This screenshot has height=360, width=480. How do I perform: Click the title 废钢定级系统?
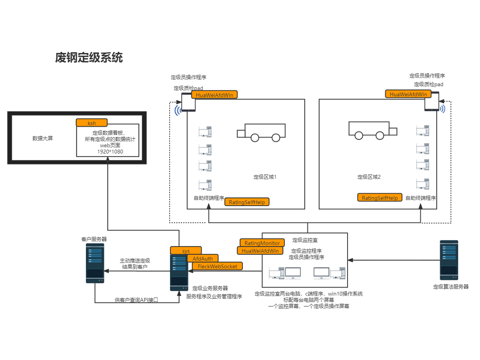point(89,58)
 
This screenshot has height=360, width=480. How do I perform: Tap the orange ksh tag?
point(92,123)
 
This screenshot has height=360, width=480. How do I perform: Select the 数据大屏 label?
point(42,138)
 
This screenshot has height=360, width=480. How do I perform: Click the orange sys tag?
point(186,251)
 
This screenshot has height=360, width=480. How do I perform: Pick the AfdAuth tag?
point(203,258)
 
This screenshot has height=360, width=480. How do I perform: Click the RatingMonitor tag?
point(262,243)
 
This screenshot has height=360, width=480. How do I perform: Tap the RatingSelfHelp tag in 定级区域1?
point(247,202)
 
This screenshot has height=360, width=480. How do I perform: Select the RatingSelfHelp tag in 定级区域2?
point(380,198)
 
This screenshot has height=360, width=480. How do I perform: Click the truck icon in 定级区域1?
point(261,132)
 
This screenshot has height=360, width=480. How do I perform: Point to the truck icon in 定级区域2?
point(372,130)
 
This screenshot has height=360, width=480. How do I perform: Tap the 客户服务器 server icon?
point(95,263)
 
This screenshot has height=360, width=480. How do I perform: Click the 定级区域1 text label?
point(265,177)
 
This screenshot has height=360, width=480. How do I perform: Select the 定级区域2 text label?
point(369,177)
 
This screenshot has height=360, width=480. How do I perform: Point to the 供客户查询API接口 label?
point(136,300)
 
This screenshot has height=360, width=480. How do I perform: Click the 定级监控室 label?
point(305,240)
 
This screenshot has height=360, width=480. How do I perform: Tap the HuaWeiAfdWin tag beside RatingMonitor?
point(260,251)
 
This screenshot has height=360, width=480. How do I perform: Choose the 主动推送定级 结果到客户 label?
point(135,263)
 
